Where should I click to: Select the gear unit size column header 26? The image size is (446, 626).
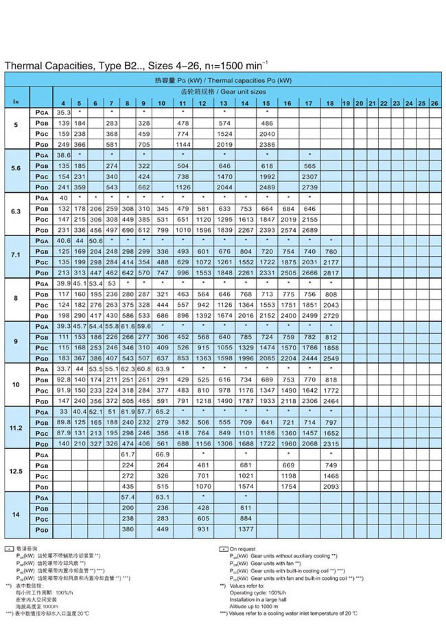(x=434, y=103)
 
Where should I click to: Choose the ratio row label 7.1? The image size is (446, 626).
(x=16, y=256)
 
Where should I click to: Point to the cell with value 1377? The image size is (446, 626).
(x=245, y=529)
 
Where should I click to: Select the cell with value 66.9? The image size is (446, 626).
(x=162, y=454)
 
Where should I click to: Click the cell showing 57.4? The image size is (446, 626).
(x=128, y=496)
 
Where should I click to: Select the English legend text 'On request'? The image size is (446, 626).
(x=243, y=549)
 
